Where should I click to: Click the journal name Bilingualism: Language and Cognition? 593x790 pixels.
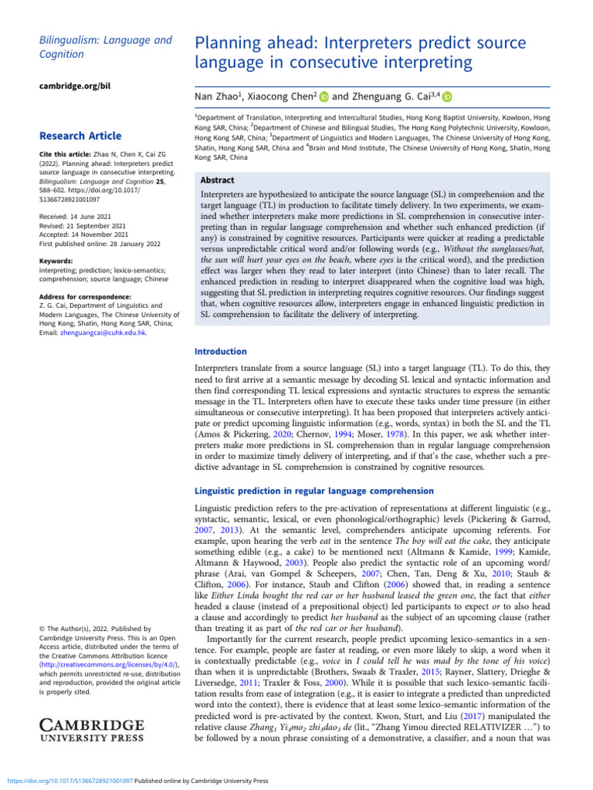94,46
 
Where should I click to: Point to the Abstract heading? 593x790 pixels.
219,178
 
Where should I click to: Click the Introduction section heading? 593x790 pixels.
220,351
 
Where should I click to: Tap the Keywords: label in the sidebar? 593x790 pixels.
58,261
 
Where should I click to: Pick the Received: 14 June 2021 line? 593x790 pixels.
76,218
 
